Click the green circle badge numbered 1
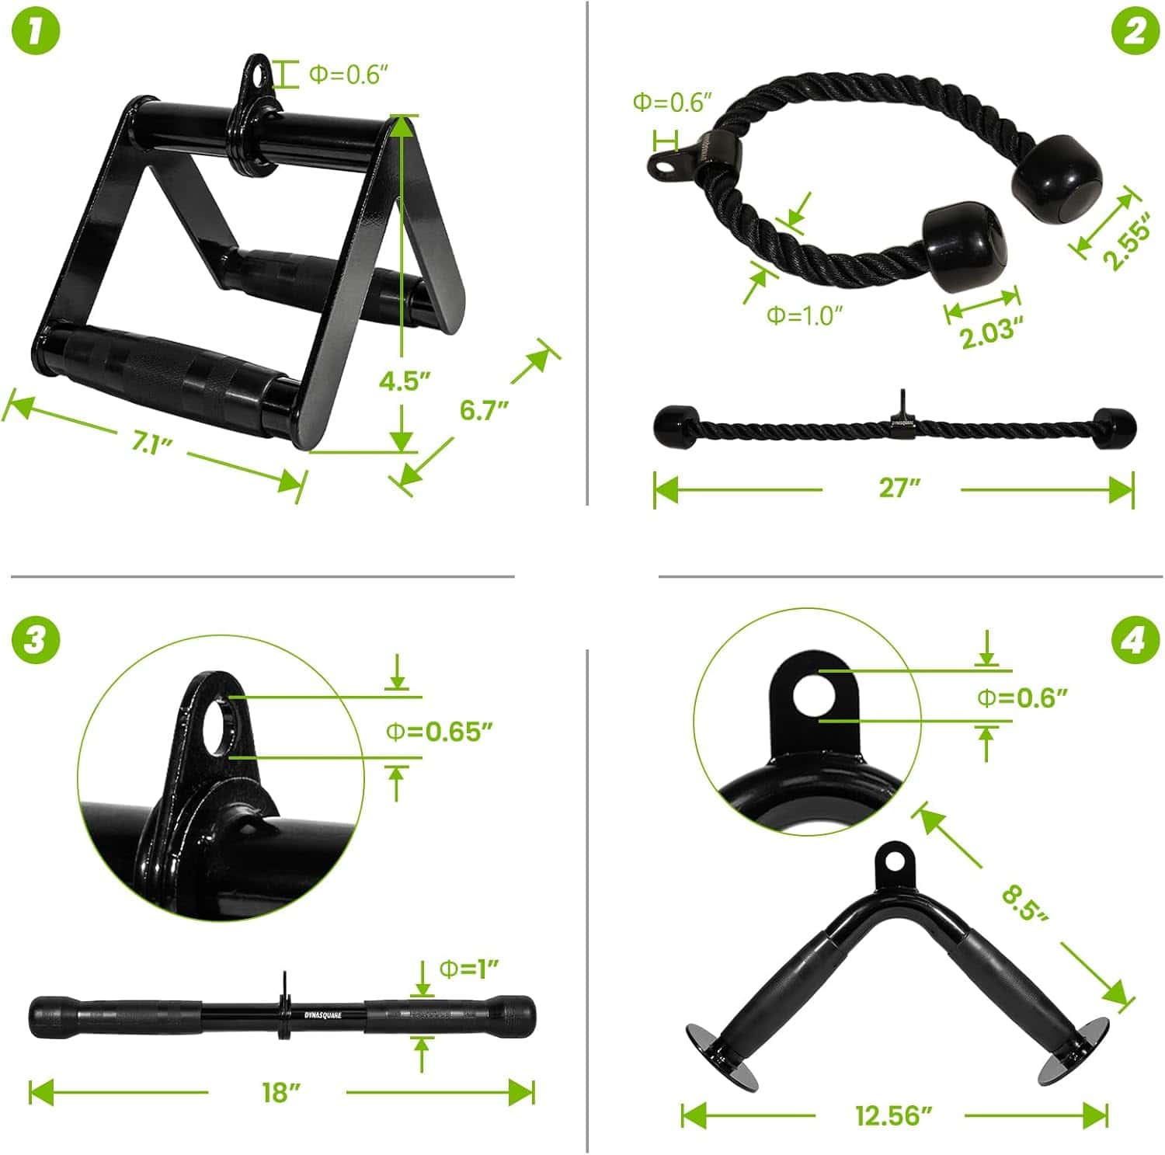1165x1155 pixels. click(x=36, y=32)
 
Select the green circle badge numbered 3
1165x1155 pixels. click(x=36, y=640)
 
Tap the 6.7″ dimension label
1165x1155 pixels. click(x=484, y=409)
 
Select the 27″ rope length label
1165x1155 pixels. click(x=899, y=488)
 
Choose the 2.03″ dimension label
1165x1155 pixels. click(x=987, y=334)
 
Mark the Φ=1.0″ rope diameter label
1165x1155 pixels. click(x=804, y=315)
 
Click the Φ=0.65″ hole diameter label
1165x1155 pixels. click(x=440, y=731)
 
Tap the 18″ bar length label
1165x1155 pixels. click(x=280, y=1092)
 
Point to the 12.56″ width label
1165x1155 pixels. click(x=893, y=1115)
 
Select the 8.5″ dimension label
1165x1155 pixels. click(x=1024, y=903)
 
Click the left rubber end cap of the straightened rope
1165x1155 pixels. click(x=673, y=426)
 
